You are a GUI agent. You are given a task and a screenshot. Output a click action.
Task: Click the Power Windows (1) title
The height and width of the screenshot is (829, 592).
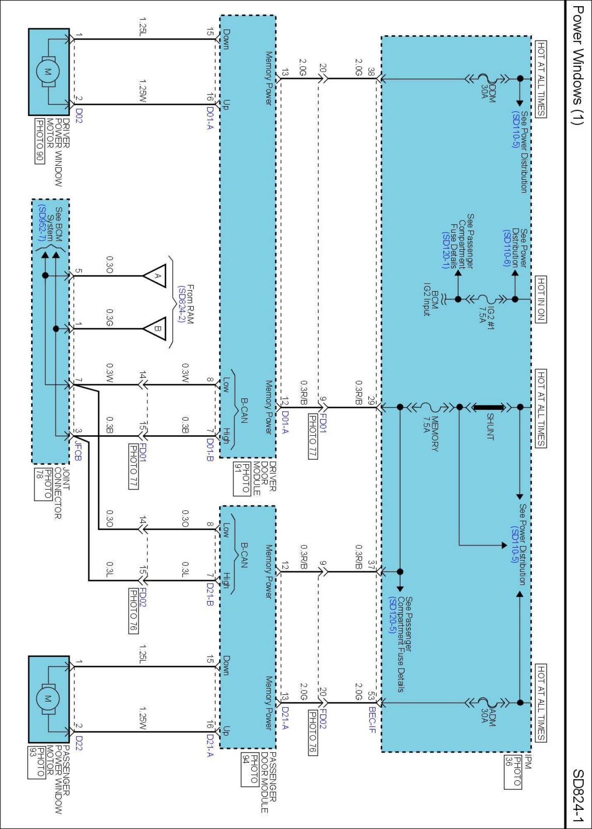point(577,65)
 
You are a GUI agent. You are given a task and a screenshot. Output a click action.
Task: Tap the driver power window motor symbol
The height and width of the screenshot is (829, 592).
point(48,72)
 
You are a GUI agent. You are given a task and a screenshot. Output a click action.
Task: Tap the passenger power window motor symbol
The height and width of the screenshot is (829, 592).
point(48,699)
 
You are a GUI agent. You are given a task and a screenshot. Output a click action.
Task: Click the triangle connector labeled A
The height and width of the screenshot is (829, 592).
point(156,276)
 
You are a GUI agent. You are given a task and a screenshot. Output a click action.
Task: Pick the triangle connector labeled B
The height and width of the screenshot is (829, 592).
point(156,329)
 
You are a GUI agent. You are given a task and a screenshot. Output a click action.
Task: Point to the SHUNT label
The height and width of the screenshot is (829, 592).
point(490,426)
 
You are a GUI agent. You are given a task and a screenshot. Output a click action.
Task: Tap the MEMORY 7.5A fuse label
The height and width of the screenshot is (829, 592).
point(430,433)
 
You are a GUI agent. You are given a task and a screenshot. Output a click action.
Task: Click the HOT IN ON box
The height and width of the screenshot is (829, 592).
point(541,299)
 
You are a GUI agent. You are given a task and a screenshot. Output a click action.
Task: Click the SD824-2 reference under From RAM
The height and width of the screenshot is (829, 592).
point(181,304)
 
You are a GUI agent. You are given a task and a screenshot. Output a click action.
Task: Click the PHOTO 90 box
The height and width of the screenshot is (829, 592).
point(39,141)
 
